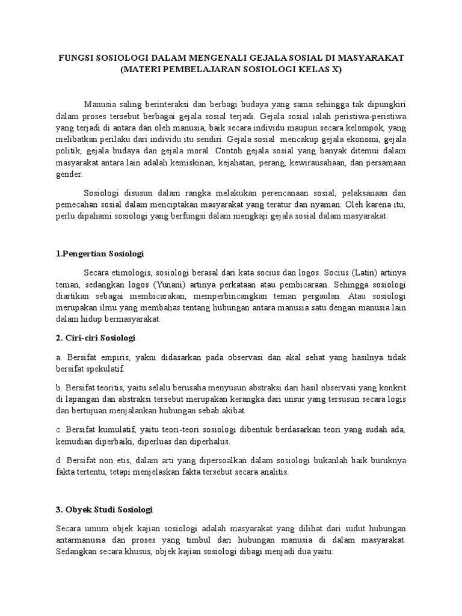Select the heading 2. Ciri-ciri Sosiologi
(96, 338)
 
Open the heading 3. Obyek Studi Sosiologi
(104, 510)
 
